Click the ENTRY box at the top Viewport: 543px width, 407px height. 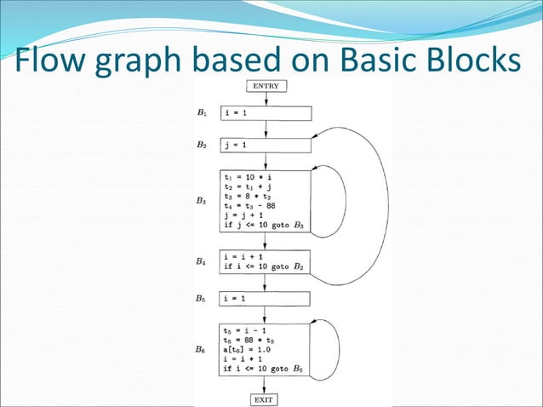click(266, 85)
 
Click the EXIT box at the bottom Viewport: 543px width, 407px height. click(266, 398)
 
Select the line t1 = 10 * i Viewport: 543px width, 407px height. click(247, 177)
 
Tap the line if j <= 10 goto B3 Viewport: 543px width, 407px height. click(264, 226)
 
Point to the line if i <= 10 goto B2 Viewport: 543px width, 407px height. click(264, 267)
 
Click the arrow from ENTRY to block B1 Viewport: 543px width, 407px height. click(266, 98)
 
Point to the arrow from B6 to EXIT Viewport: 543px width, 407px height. click(266, 384)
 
